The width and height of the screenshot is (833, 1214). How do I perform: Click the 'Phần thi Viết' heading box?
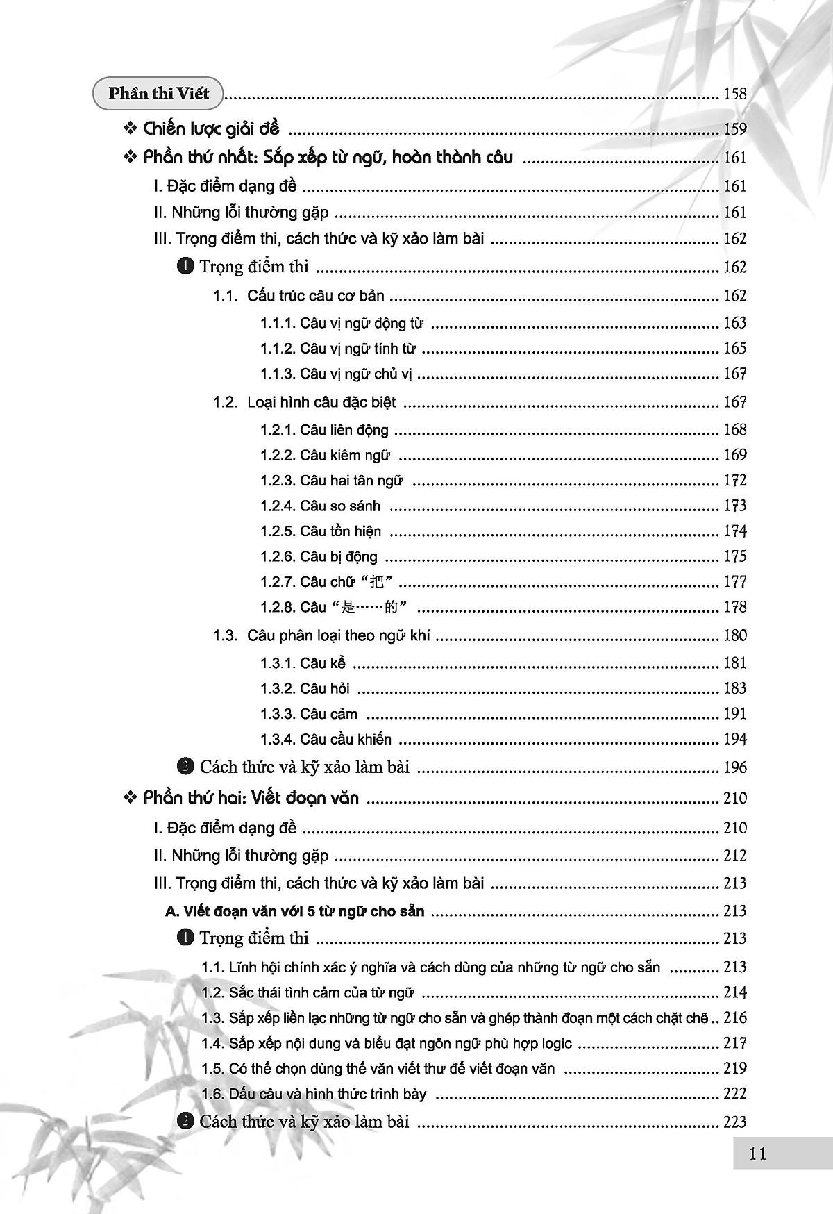pos(158,93)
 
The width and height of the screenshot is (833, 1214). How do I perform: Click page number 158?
pos(734,93)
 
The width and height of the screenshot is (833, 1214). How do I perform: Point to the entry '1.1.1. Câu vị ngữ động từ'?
pos(342,323)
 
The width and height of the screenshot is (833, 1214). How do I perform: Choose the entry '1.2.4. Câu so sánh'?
pos(320,506)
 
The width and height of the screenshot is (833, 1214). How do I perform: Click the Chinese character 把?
pos(385,582)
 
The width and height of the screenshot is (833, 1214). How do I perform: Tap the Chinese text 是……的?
pos(368,608)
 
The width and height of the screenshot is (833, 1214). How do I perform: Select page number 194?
pos(734,739)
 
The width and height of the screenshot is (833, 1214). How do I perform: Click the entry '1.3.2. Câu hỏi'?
pos(305,688)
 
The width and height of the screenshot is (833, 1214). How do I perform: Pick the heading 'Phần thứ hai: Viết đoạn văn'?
pos(251,798)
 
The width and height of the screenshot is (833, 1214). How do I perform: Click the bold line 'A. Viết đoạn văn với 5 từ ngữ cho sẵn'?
pos(294,910)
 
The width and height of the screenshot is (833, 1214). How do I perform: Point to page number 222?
pos(734,1093)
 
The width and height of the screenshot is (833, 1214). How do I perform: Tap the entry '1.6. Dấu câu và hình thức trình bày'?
pos(314,1094)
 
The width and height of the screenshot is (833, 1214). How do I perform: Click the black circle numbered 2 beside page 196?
pos(185,767)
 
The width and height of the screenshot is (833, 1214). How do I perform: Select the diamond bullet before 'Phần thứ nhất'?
pos(130,158)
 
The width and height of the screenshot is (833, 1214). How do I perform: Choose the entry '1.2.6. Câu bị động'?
pos(319,556)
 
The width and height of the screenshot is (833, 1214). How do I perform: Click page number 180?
pos(734,635)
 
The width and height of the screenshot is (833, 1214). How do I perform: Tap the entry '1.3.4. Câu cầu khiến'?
pos(326,739)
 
